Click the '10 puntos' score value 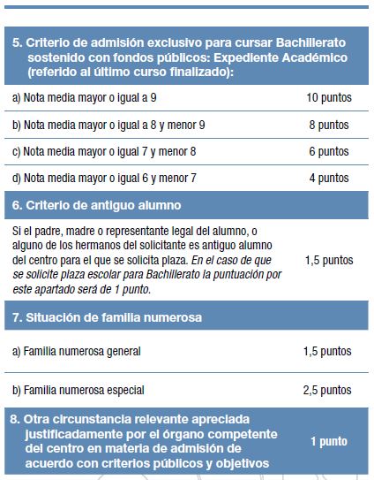[328, 96]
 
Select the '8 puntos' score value [329, 124]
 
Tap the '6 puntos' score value [329, 151]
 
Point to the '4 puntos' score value [329, 178]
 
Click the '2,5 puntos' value [326, 390]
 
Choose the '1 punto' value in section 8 [329, 441]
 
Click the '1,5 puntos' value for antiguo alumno [328, 261]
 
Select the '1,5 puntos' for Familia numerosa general [326, 351]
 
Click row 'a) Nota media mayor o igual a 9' [84, 96]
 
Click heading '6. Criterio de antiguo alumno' [96, 205]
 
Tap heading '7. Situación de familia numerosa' [106, 317]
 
